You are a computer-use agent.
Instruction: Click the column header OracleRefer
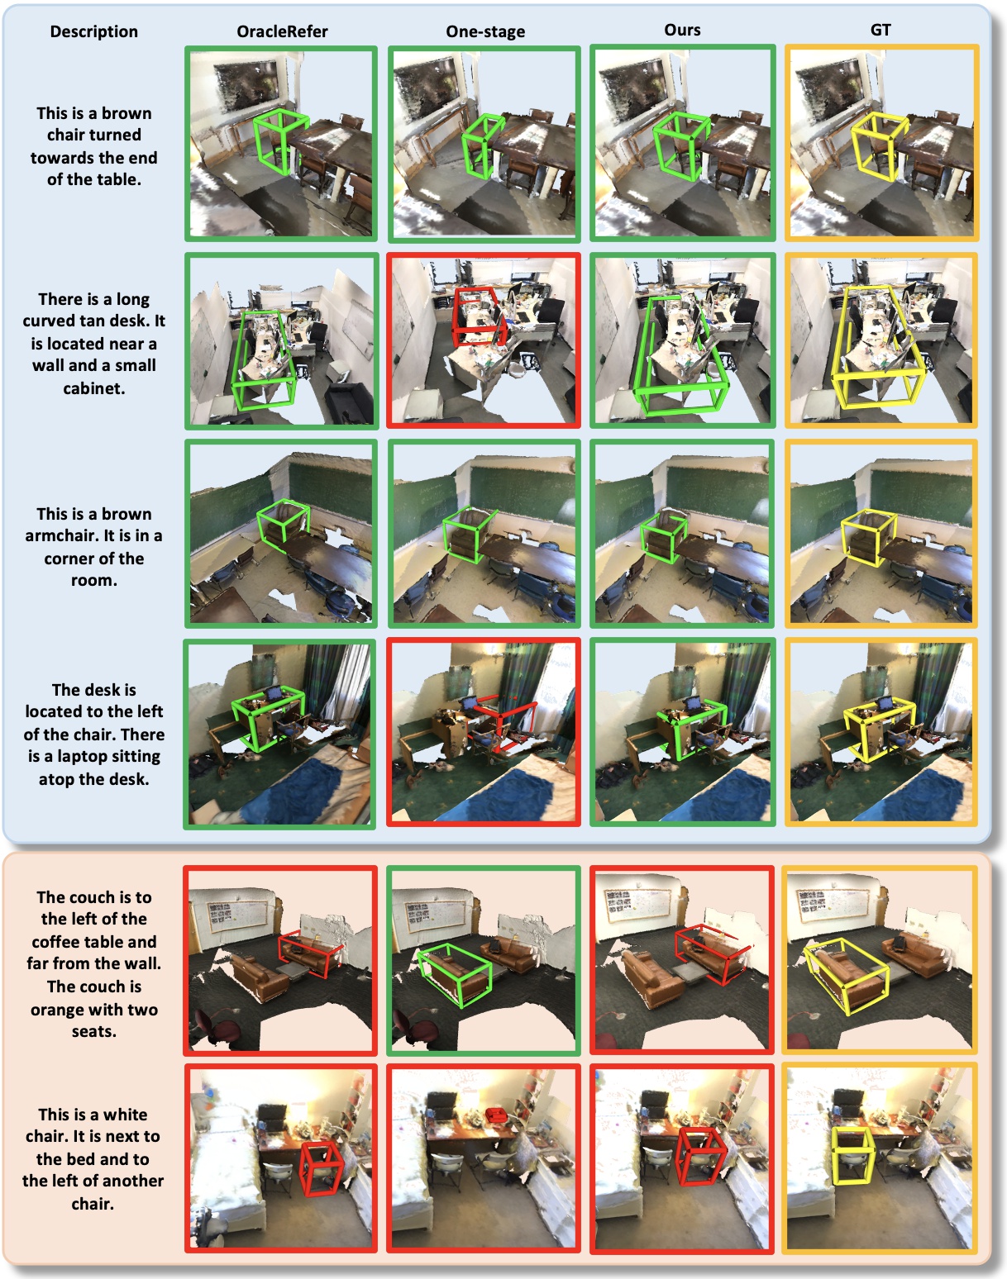point(282,31)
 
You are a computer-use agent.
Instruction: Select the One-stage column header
point(485,31)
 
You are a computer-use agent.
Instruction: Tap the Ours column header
point(682,31)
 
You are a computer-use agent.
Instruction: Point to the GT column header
point(881,31)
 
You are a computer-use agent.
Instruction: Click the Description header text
point(94,31)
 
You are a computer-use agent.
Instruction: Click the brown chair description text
point(94,146)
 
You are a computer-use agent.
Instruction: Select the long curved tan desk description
point(94,344)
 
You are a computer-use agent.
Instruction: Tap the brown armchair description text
point(94,547)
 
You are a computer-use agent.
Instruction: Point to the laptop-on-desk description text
point(94,734)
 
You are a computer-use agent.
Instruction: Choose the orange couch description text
point(94,964)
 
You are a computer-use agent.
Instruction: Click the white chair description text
point(93,1159)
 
